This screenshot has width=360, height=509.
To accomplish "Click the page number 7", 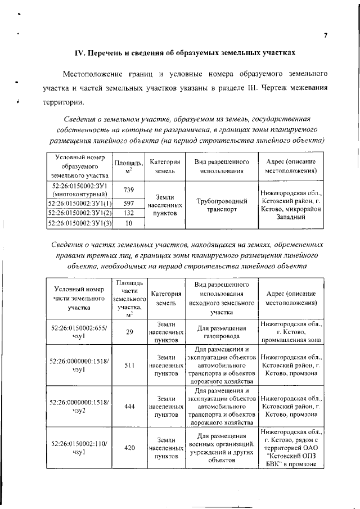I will (326, 35).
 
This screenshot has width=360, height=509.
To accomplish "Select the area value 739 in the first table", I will (128, 190).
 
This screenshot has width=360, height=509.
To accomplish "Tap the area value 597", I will (128, 203).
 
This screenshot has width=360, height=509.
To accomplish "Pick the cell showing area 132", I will (128, 213).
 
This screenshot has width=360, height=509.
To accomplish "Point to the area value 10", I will (128, 223).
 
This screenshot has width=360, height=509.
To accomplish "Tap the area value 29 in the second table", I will (129, 332).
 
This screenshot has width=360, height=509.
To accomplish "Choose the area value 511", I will (129, 365).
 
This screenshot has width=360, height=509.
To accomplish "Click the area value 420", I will (129, 448).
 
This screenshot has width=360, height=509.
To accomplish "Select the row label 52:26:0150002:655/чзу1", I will (79, 332).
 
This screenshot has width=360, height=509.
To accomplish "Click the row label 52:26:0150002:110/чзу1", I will (79, 448).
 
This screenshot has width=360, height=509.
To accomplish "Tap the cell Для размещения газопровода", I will (222, 332).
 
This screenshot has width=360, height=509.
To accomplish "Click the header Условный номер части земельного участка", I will (79, 299).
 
